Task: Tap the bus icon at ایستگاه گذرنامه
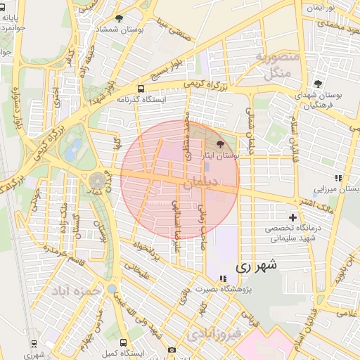pos(141,89)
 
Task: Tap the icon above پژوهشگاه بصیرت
pos(223,278)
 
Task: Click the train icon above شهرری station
pos(34,343)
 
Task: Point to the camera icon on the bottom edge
pos(172,349)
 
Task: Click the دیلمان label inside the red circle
pos(200,183)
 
